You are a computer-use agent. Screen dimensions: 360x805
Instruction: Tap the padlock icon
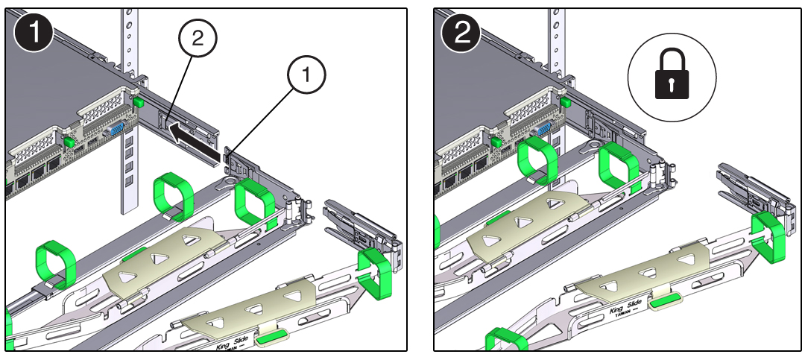tap(672, 76)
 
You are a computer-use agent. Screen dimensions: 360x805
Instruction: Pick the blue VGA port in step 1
tap(117, 130)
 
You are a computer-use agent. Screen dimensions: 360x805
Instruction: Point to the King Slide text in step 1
tap(216, 345)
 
